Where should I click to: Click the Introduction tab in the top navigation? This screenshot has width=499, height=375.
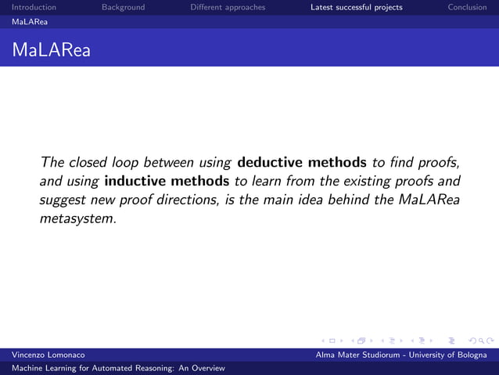(x=34, y=8)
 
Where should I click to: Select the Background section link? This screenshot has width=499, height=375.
(x=123, y=8)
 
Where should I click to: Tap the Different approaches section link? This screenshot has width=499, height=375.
(x=228, y=8)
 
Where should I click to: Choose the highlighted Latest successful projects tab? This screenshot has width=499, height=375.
(x=356, y=8)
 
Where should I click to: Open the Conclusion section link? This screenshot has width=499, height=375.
(x=467, y=8)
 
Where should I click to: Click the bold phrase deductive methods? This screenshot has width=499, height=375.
(x=301, y=163)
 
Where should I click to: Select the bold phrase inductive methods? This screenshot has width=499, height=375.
(x=167, y=181)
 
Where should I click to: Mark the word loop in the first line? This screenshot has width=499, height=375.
(x=124, y=163)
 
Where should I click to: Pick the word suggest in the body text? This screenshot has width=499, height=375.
(x=63, y=200)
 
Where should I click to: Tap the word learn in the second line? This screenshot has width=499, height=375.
(x=267, y=181)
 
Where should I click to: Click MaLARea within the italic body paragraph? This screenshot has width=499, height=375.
(x=429, y=200)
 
